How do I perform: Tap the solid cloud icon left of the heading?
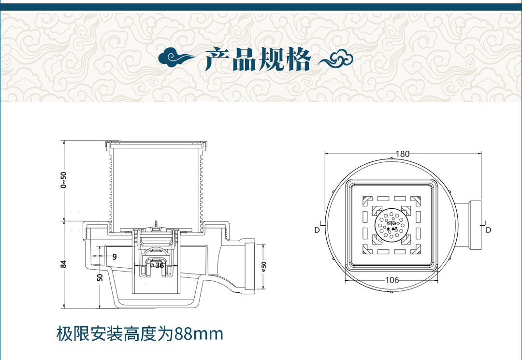[176, 58]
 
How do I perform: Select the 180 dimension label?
[403, 154]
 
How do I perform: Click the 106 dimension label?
[392, 280]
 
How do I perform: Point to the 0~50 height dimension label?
[64, 180]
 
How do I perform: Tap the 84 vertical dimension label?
[64, 264]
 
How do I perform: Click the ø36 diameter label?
[157, 265]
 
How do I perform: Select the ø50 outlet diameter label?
[264, 267]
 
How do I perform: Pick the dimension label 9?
[115, 257]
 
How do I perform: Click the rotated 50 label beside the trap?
[100, 277]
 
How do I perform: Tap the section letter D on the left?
[317, 230]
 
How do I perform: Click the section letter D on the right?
[488, 230]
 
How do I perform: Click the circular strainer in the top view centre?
[391, 225]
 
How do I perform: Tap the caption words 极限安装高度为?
[115, 333]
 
